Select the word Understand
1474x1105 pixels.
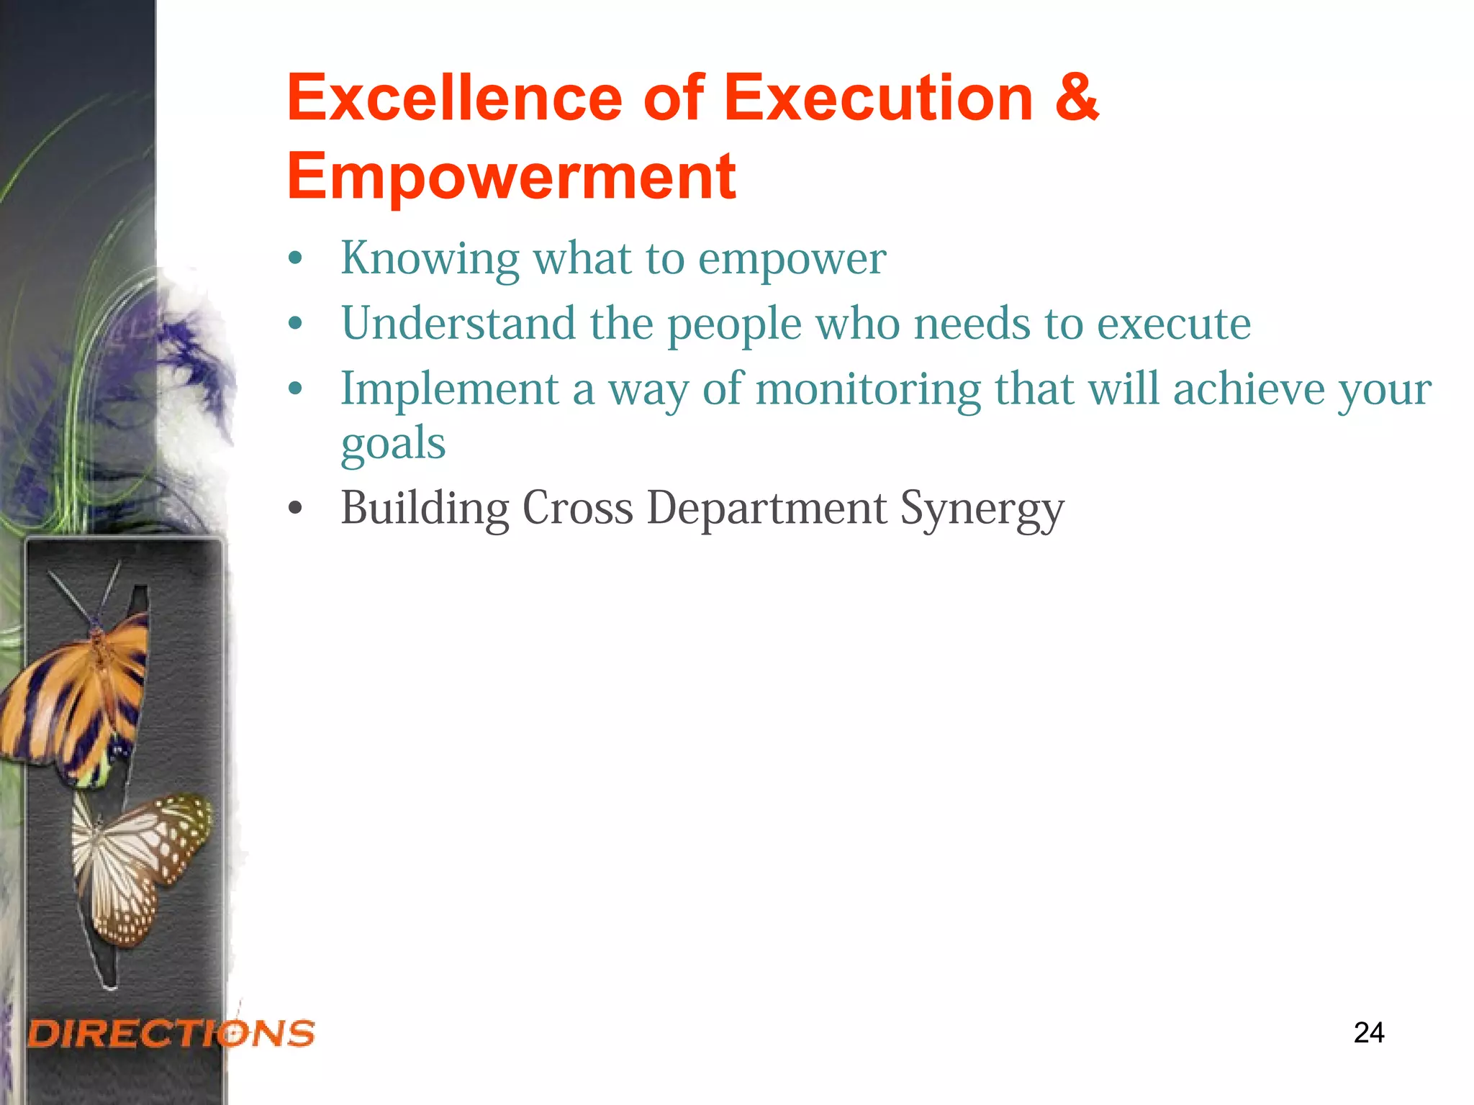tap(458, 323)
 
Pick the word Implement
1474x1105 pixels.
tap(450, 391)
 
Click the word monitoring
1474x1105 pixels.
tap(868, 391)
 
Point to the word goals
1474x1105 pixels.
tap(393, 443)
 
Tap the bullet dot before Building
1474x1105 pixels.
tap(295, 509)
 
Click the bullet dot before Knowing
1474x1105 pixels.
tap(295, 259)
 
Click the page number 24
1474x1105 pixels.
tap(1368, 1033)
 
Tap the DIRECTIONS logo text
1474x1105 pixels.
tap(171, 1034)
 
